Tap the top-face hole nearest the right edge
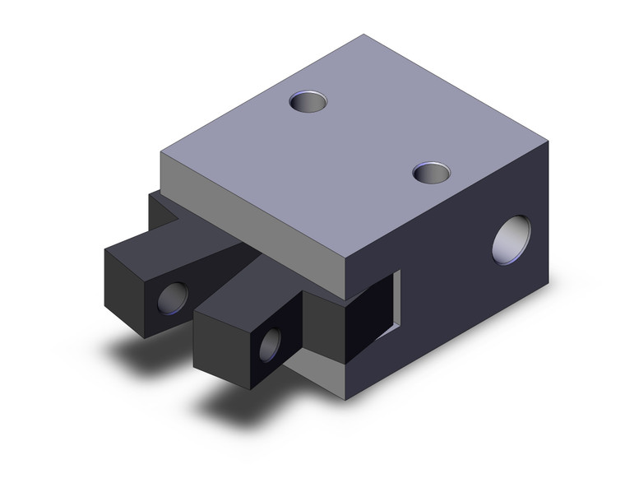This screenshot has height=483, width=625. [x=432, y=173]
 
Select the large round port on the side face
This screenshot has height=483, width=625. [x=511, y=239]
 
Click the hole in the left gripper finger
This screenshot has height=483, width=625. [x=171, y=297]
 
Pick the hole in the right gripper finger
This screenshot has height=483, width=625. [x=269, y=343]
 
